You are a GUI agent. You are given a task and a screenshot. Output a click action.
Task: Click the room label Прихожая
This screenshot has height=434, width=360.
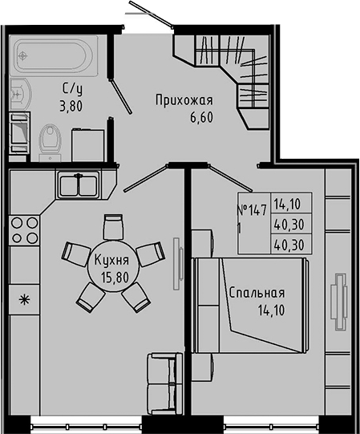tap(184, 100)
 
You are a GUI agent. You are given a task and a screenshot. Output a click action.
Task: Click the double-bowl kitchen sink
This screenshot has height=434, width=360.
tap(78, 185)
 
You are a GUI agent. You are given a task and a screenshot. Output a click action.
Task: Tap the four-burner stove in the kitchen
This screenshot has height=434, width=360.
tap(24, 231)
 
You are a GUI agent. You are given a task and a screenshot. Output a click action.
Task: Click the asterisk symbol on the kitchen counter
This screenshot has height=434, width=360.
tap(24, 300)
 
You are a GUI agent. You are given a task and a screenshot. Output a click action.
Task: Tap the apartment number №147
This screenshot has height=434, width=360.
tap(253, 211)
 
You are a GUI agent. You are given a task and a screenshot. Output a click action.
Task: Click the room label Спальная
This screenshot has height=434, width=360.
tap(257, 294)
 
